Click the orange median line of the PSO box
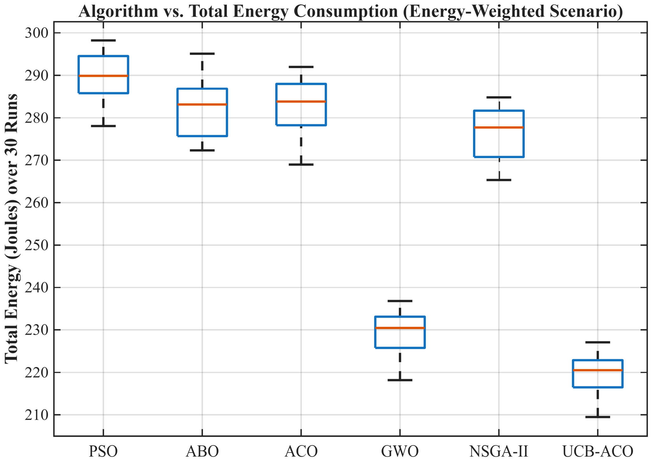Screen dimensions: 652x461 (x=103, y=76)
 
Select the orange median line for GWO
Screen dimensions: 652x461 (x=400, y=328)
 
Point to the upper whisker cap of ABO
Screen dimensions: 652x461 (x=202, y=54)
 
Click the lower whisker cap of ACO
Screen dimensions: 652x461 (x=301, y=165)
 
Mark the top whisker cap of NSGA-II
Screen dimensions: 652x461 (x=499, y=97)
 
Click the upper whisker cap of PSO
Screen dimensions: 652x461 (x=103, y=41)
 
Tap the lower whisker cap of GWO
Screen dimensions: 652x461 (x=400, y=380)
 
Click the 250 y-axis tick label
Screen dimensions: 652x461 (x=35, y=245)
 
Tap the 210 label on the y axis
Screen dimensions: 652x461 (x=35, y=415)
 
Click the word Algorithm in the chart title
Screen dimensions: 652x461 (x=118, y=11)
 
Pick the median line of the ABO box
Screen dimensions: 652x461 (x=202, y=104)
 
